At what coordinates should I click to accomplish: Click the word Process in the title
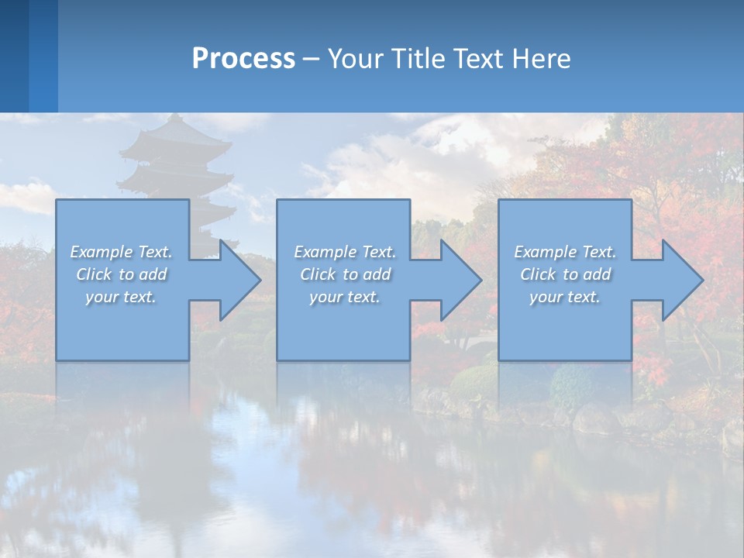(243, 59)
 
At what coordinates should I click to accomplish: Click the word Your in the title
(357, 59)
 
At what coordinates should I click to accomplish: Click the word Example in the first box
(102, 252)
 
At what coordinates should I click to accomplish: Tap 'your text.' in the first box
(121, 297)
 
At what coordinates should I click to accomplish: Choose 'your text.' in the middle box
(344, 297)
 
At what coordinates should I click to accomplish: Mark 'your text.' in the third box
(565, 297)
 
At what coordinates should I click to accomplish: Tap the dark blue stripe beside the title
(14, 56)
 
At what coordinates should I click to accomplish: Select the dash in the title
(312, 59)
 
